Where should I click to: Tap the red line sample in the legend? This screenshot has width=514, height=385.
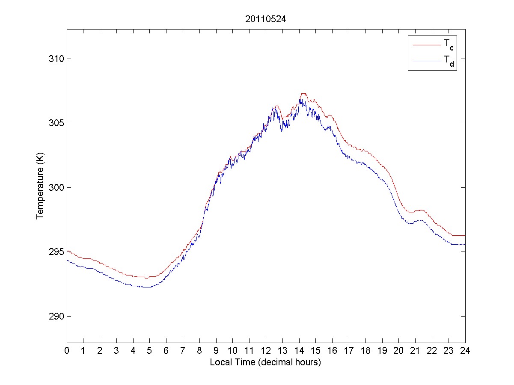426,44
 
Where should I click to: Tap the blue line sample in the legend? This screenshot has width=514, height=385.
426,62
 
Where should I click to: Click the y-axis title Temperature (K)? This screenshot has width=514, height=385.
40,187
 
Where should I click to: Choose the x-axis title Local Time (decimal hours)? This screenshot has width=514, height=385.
265,362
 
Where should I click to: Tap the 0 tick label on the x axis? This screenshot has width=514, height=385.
67,350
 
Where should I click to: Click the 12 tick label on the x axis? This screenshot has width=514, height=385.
266,350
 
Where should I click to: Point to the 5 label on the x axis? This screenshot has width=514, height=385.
150,350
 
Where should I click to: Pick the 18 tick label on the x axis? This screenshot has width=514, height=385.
365,350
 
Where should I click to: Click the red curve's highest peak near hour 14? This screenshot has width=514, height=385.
303,93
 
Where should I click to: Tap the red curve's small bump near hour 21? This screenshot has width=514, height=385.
421,210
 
